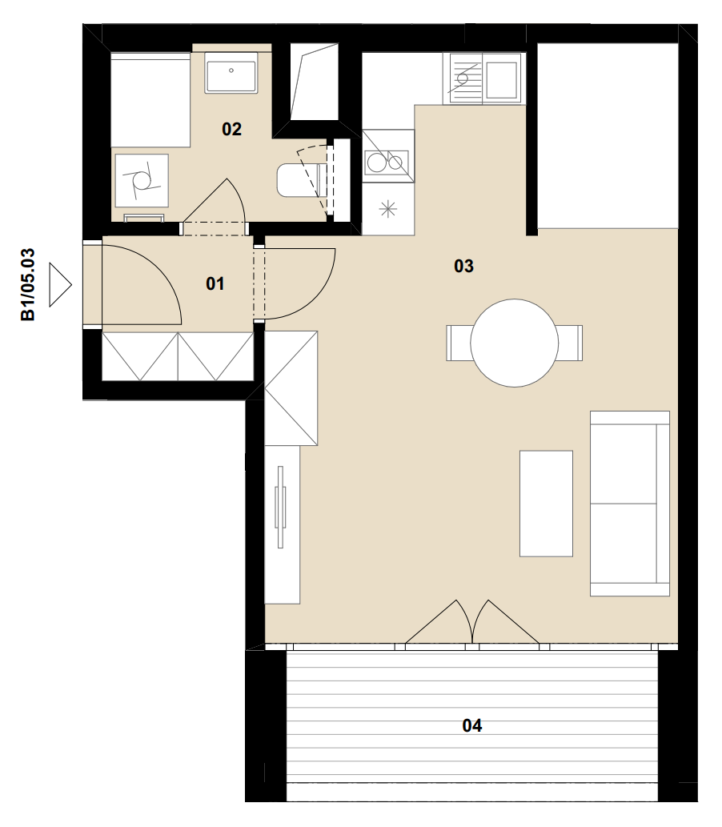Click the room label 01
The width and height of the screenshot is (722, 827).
tap(215, 283)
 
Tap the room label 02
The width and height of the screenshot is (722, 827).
tap(231, 129)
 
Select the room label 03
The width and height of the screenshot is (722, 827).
tap(463, 266)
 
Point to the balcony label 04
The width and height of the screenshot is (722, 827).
tap(472, 726)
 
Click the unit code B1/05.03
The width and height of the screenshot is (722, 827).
tap(27, 284)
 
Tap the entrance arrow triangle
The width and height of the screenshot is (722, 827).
tap(60, 285)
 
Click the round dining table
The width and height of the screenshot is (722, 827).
tap(514, 343)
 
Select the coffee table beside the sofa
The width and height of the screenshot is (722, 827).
tap(546, 504)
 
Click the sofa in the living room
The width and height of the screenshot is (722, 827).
tap(630, 504)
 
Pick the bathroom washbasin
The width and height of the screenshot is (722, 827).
tap(231, 74)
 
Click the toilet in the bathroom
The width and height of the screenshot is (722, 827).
tap(299, 180)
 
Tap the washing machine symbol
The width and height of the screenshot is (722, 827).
tap(142, 180)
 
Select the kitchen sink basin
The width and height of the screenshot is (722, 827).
tap(500, 79)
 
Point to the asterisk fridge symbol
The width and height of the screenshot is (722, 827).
tap(388, 210)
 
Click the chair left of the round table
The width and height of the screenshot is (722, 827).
tap(459, 343)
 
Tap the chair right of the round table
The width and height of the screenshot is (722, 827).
tap(570, 343)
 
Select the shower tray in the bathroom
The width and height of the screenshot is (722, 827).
tap(150, 100)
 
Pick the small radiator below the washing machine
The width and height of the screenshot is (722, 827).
tap(143, 218)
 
